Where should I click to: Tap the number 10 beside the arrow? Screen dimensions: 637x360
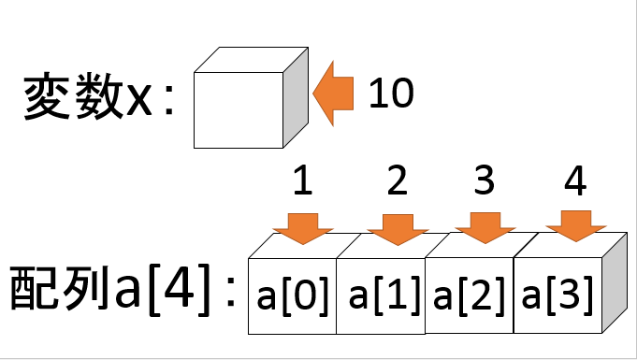[389, 94]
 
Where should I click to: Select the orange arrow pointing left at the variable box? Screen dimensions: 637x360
[334, 94]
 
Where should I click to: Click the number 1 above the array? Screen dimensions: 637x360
[301, 181]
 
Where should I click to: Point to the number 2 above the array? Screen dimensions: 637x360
[397, 181]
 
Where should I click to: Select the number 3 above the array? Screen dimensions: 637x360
[484, 181]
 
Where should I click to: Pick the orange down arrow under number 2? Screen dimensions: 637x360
[397, 227]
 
